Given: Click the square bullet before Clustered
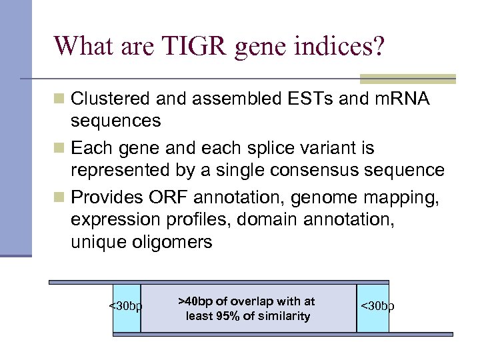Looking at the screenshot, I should pos(60,99).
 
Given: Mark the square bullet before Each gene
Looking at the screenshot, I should pos(60,147).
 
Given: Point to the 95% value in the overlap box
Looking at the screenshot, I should pos(229,316).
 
